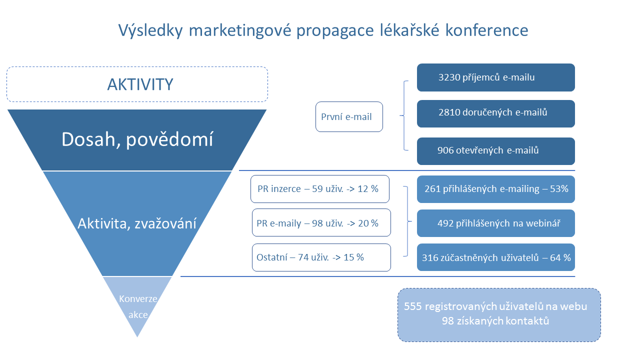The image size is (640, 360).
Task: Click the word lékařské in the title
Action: pos(409,30)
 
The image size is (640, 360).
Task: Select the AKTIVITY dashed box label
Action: pos(140,84)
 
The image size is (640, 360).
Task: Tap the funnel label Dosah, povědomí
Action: pos(137,139)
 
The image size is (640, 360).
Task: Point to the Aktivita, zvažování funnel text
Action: pos(137,223)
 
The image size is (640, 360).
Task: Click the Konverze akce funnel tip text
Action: pos(138,306)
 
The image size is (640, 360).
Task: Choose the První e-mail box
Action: pos(349,116)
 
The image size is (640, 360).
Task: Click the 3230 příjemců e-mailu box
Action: pos(495,77)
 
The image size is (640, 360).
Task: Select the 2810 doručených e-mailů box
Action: pos(495,113)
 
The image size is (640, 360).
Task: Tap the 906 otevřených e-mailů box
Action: pos(495,151)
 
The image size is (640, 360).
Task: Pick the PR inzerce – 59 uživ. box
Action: pos(320,189)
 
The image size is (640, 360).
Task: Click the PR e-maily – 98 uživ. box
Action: pos(321,222)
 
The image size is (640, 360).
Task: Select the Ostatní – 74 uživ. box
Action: pos(321,257)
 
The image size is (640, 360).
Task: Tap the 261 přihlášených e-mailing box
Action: pos(495,189)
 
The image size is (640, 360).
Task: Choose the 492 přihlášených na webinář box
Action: pos(495,223)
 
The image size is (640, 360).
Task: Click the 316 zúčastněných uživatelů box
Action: pos(495,257)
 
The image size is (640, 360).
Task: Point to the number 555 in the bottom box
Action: pos(413,306)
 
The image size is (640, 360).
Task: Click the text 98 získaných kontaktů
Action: pos(495,321)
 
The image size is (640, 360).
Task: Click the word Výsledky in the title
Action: pos(150,30)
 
